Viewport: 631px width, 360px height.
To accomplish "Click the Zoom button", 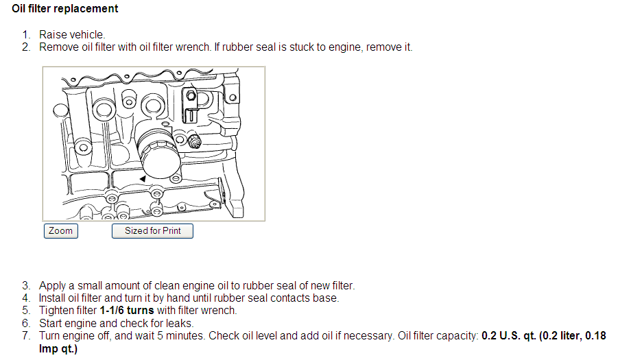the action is [61, 231].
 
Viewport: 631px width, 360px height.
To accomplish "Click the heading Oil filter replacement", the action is [64, 8].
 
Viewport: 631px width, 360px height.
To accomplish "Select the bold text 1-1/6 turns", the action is [127, 311].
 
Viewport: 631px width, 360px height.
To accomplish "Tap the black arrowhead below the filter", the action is [143, 178].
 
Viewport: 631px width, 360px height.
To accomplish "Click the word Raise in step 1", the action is [53, 34].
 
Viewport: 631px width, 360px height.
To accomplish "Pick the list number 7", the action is [26, 335].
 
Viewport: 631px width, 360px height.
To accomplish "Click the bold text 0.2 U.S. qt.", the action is [509, 335].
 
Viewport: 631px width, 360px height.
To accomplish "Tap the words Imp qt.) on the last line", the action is [58, 348].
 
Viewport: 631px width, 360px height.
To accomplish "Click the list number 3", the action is [26, 285].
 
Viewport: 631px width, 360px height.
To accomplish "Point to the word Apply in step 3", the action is [52, 286].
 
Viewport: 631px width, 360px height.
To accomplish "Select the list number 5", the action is [26, 311].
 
